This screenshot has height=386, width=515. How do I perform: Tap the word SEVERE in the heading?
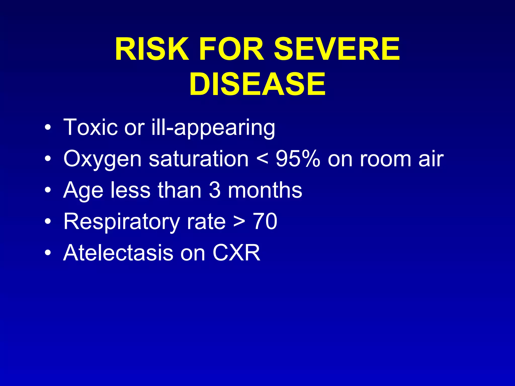(337, 49)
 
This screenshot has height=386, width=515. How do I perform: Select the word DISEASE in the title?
(257, 84)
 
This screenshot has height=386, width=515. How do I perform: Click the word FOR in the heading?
(231, 49)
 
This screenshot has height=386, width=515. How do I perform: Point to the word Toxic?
(90, 127)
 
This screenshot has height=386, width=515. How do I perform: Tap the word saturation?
(199, 159)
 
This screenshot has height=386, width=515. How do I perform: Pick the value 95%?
(298, 159)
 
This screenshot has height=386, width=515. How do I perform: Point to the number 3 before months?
(214, 190)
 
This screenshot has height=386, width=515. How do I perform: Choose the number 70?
(265, 221)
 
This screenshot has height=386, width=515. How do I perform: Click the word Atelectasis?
(118, 253)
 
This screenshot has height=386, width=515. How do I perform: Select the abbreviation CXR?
(236, 253)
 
